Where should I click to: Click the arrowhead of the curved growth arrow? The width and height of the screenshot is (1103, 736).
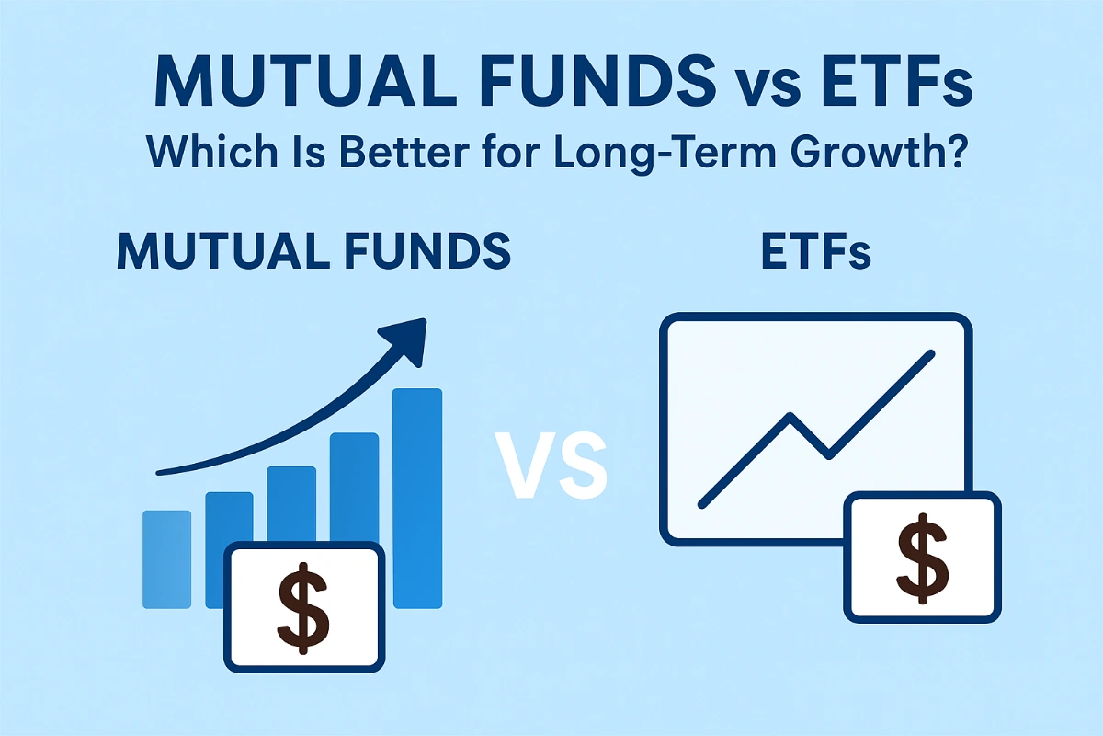[411, 337]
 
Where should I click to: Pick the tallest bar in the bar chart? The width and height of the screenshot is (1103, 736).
[418, 497]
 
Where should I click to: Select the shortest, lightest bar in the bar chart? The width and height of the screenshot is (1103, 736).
[167, 558]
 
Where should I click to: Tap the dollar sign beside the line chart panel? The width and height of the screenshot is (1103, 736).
[922, 558]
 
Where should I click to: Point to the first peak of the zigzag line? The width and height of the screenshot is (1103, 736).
[790, 417]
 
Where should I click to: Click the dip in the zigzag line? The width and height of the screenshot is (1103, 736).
[828, 454]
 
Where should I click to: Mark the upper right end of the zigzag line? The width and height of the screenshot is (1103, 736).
[932, 353]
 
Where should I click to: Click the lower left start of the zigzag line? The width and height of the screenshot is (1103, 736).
[702, 504]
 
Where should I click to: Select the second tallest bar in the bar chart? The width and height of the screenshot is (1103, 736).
[355, 488]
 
